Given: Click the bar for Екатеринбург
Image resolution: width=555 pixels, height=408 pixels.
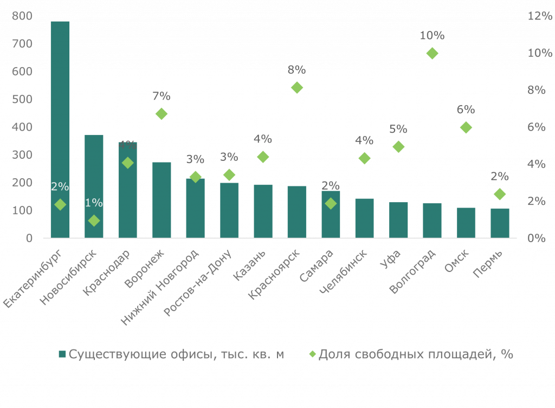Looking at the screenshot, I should pos(60,130).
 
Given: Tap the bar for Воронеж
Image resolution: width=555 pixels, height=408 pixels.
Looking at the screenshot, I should pos(162,200).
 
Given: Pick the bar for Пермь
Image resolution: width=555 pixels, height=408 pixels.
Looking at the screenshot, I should pos(500,223).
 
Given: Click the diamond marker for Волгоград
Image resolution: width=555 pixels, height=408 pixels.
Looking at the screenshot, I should pos(432,53).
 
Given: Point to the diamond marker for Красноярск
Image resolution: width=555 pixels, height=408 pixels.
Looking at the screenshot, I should pos(296,87).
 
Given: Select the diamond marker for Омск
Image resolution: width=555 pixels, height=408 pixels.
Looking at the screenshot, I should pos(466,127).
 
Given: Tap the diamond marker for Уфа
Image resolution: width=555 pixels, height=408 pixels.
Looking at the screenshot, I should pos(398,147).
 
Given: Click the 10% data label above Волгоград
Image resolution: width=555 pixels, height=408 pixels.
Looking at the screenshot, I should pos(432,36).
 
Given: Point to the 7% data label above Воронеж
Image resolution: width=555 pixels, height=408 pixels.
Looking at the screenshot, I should pos(162,96).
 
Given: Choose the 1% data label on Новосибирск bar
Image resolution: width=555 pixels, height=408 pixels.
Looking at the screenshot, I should pos(94,203).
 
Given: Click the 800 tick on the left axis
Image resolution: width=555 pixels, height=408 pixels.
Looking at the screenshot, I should pos(22,16).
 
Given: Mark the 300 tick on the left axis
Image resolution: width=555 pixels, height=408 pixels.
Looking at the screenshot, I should pos(22,155).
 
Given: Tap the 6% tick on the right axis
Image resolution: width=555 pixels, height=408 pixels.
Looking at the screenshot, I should pos(536,127).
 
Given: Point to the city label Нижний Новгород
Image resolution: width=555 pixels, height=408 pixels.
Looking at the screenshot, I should pos(159,287).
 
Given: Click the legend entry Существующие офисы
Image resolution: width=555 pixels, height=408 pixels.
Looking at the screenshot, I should pos(171,354).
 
